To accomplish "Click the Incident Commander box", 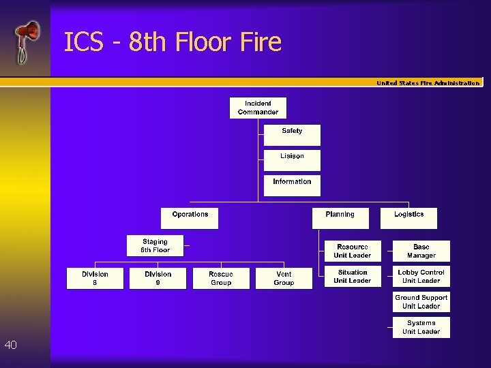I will click(258, 108).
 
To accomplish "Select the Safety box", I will click(292, 135).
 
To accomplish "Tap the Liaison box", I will click(292, 160).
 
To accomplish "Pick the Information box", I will click(292, 185).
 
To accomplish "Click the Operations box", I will click(190, 218).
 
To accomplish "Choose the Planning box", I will click(340, 218).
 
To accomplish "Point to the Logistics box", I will click(408, 218).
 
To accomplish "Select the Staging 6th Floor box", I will click(155, 246).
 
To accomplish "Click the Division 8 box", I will click(95, 279).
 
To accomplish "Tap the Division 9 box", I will click(158, 279).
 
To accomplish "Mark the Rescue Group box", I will click(221, 279).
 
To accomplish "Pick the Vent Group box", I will click(284, 279).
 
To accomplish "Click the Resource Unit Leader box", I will click(353, 251).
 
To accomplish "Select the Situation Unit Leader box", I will click(353, 277).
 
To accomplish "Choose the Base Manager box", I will click(421, 251).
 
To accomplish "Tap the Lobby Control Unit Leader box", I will click(421, 277).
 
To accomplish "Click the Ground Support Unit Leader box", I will click(421, 302).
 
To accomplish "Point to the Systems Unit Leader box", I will click(421, 327).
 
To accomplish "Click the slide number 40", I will click(10, 346).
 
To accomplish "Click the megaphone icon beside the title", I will click(27, 41).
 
